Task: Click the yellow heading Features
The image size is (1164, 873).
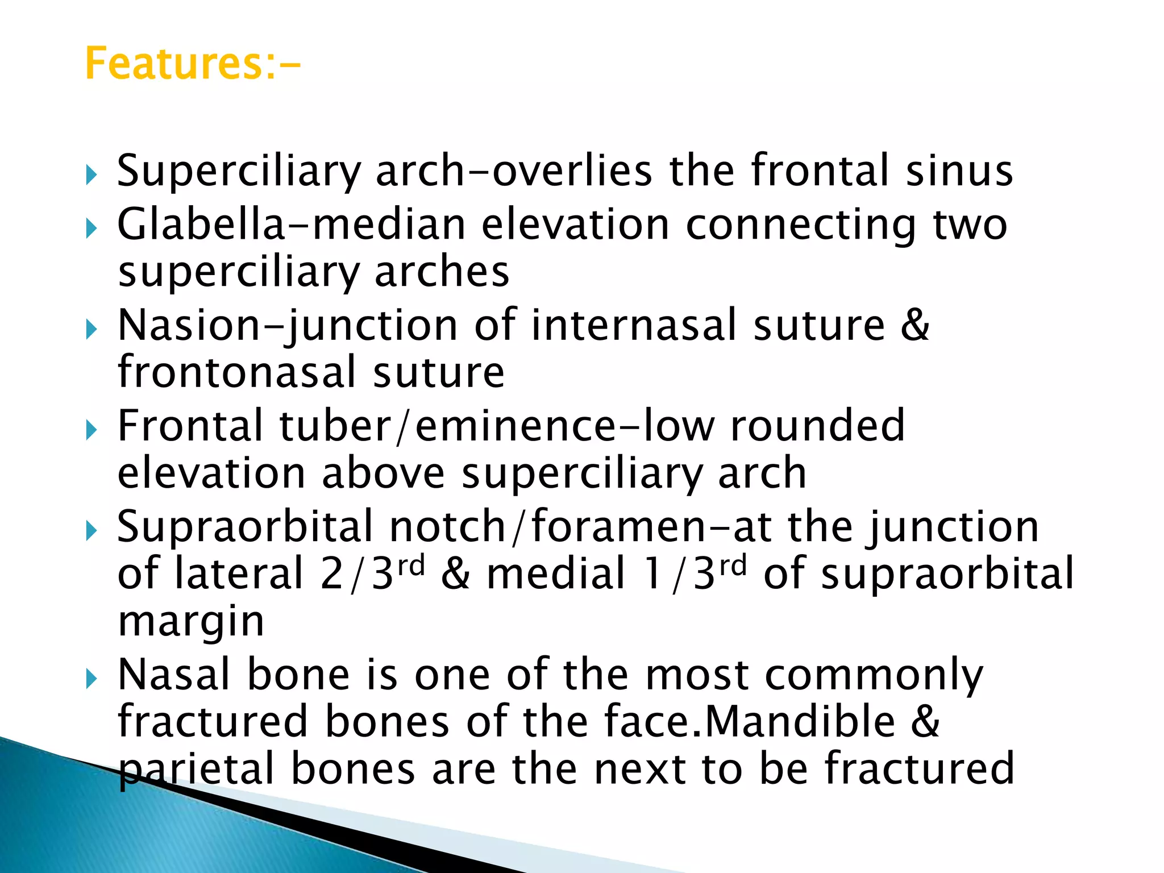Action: tap(192, 64)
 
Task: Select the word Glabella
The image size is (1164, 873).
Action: tap(200, 225)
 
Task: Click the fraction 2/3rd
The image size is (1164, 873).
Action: tap(372, 573)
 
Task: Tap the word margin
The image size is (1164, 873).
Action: tap(191, 622)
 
